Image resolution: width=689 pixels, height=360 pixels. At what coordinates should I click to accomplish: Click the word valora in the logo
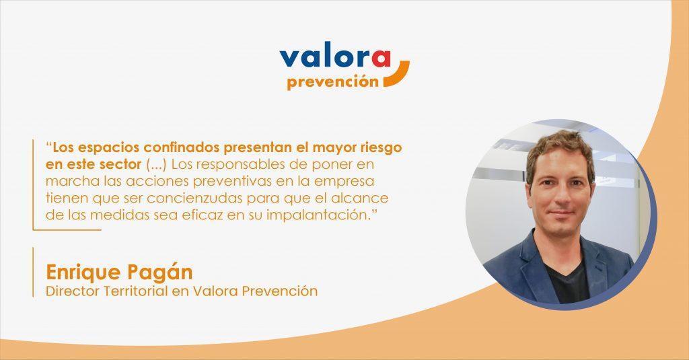[x=335, y=58]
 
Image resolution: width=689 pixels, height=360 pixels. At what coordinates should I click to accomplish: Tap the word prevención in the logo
[x=332, y=82]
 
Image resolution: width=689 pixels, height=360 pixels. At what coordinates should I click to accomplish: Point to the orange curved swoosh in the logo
[x=398, y=75]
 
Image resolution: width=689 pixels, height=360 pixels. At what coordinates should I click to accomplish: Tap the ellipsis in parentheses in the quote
[x=156, y=165]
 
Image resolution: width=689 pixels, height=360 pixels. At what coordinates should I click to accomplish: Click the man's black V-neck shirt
[x=568, y=281]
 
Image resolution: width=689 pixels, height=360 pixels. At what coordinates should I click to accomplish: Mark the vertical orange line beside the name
[x=33, y=272]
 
